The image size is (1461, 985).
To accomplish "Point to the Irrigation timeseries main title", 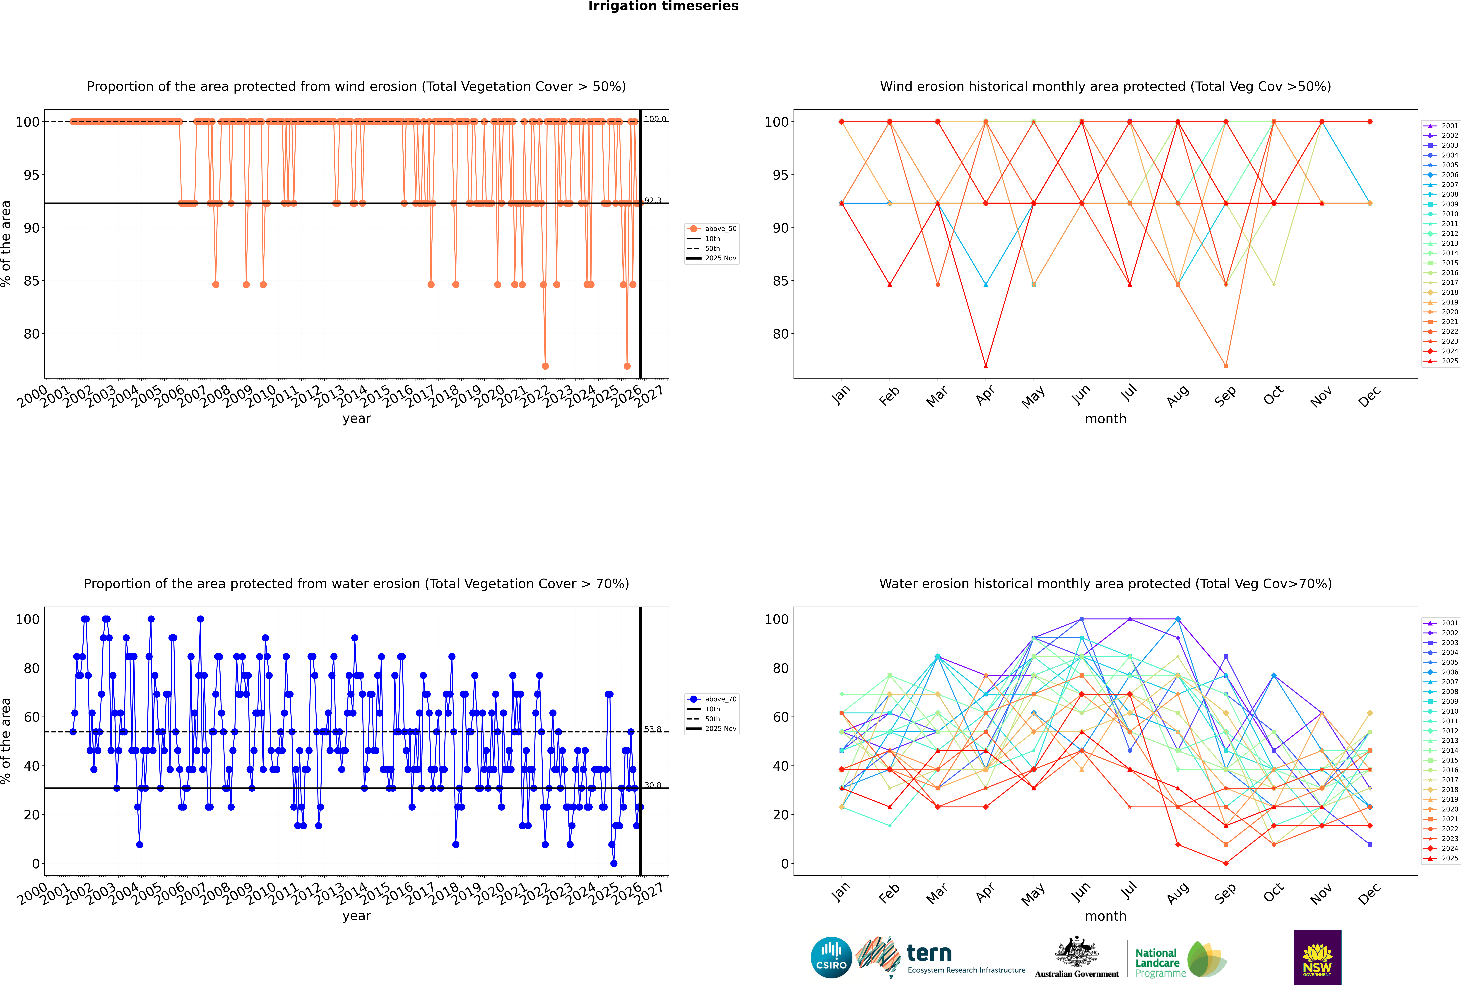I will point(663,6).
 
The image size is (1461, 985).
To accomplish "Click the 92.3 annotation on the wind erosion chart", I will point(653,200).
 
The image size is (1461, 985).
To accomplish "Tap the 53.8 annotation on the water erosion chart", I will point(653,729).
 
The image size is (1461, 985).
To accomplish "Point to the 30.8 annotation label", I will point(653,785).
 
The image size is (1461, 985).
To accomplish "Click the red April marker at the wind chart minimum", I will point(986,366).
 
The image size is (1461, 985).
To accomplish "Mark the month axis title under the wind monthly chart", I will point(1105,419).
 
